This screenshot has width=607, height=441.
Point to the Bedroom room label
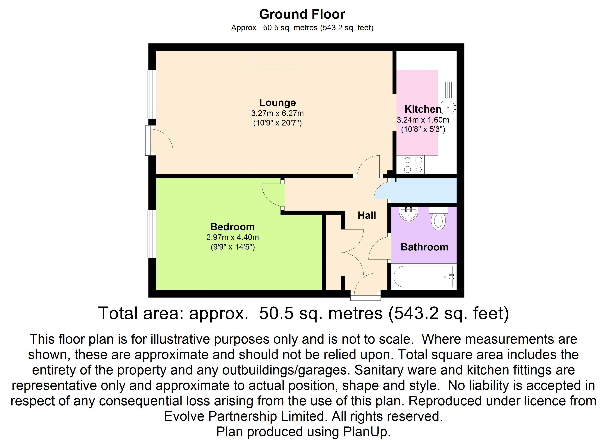tap(232, 227)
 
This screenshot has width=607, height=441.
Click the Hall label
tap(367, 215)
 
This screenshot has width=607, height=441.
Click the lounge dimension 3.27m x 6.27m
tap(277, 113)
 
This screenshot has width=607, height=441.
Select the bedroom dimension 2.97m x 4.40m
tap(232, 237)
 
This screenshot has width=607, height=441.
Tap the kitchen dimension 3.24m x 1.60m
tap(423, 120)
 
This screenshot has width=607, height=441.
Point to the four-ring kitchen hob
tap(413, 164)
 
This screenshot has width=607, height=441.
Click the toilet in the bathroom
tap(438, 220)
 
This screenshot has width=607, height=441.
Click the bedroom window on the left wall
tap(152, 234)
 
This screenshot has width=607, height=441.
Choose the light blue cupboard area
tap(423, 190)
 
